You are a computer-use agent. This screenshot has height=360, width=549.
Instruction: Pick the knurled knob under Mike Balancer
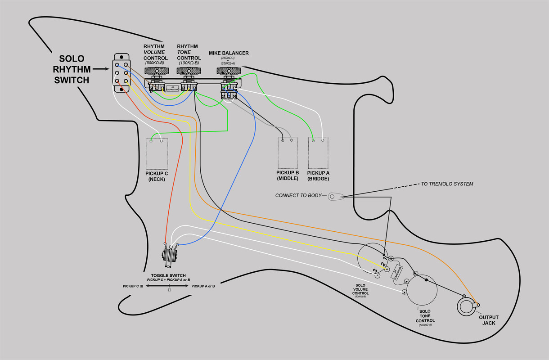coord(229,71)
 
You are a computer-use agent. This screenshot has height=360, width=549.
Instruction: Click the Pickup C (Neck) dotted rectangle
coord(157,154)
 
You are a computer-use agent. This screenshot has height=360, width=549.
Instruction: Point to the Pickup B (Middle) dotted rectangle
coord(288,153)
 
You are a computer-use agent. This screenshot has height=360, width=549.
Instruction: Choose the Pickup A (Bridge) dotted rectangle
coord(318,153)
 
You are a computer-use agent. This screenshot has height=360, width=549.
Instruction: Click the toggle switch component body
coord(170,256)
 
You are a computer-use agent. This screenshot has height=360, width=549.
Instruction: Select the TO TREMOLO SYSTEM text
coord(446,184)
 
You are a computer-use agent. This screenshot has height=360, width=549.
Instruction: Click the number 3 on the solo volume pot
coord(375,271)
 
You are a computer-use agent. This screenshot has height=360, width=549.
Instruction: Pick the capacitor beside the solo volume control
coord(397,272)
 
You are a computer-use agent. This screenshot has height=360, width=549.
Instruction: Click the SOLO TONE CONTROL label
coord(425,316)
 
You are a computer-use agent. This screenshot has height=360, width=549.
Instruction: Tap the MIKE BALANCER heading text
coord(229,53)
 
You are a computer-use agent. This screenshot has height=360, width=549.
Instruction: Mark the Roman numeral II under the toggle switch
coord(169,290)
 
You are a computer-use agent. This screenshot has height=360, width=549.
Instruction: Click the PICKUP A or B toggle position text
coord(203,286)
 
